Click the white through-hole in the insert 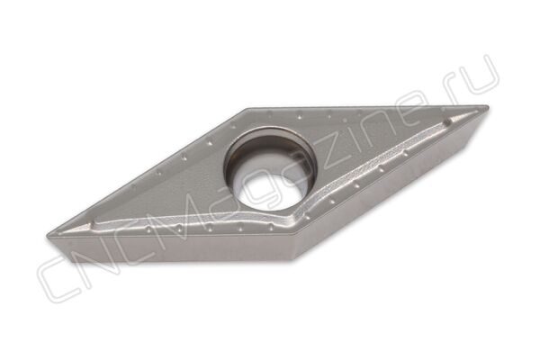coord(267,190)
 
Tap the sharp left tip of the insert coord(47,237)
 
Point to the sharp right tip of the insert coord(488,106)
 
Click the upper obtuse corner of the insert coord(248,109)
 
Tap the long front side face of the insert coord(172,248)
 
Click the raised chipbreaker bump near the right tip coord(449,121)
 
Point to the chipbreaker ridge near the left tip coord(88,226)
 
